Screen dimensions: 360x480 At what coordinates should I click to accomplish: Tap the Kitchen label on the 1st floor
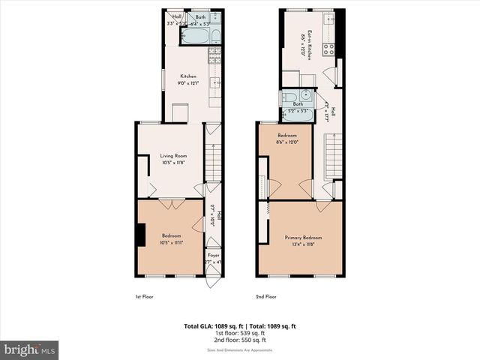187,76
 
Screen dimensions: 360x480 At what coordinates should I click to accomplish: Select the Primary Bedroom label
303,238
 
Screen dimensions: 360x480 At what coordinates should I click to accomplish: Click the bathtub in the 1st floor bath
213,37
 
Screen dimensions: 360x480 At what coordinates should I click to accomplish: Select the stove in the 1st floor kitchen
215,55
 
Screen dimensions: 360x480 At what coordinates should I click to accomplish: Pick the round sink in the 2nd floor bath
287,98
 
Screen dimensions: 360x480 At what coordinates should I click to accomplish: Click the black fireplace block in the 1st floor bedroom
140,235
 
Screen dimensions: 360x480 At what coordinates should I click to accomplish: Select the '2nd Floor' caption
266,297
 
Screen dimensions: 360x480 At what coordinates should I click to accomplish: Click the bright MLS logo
30,349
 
